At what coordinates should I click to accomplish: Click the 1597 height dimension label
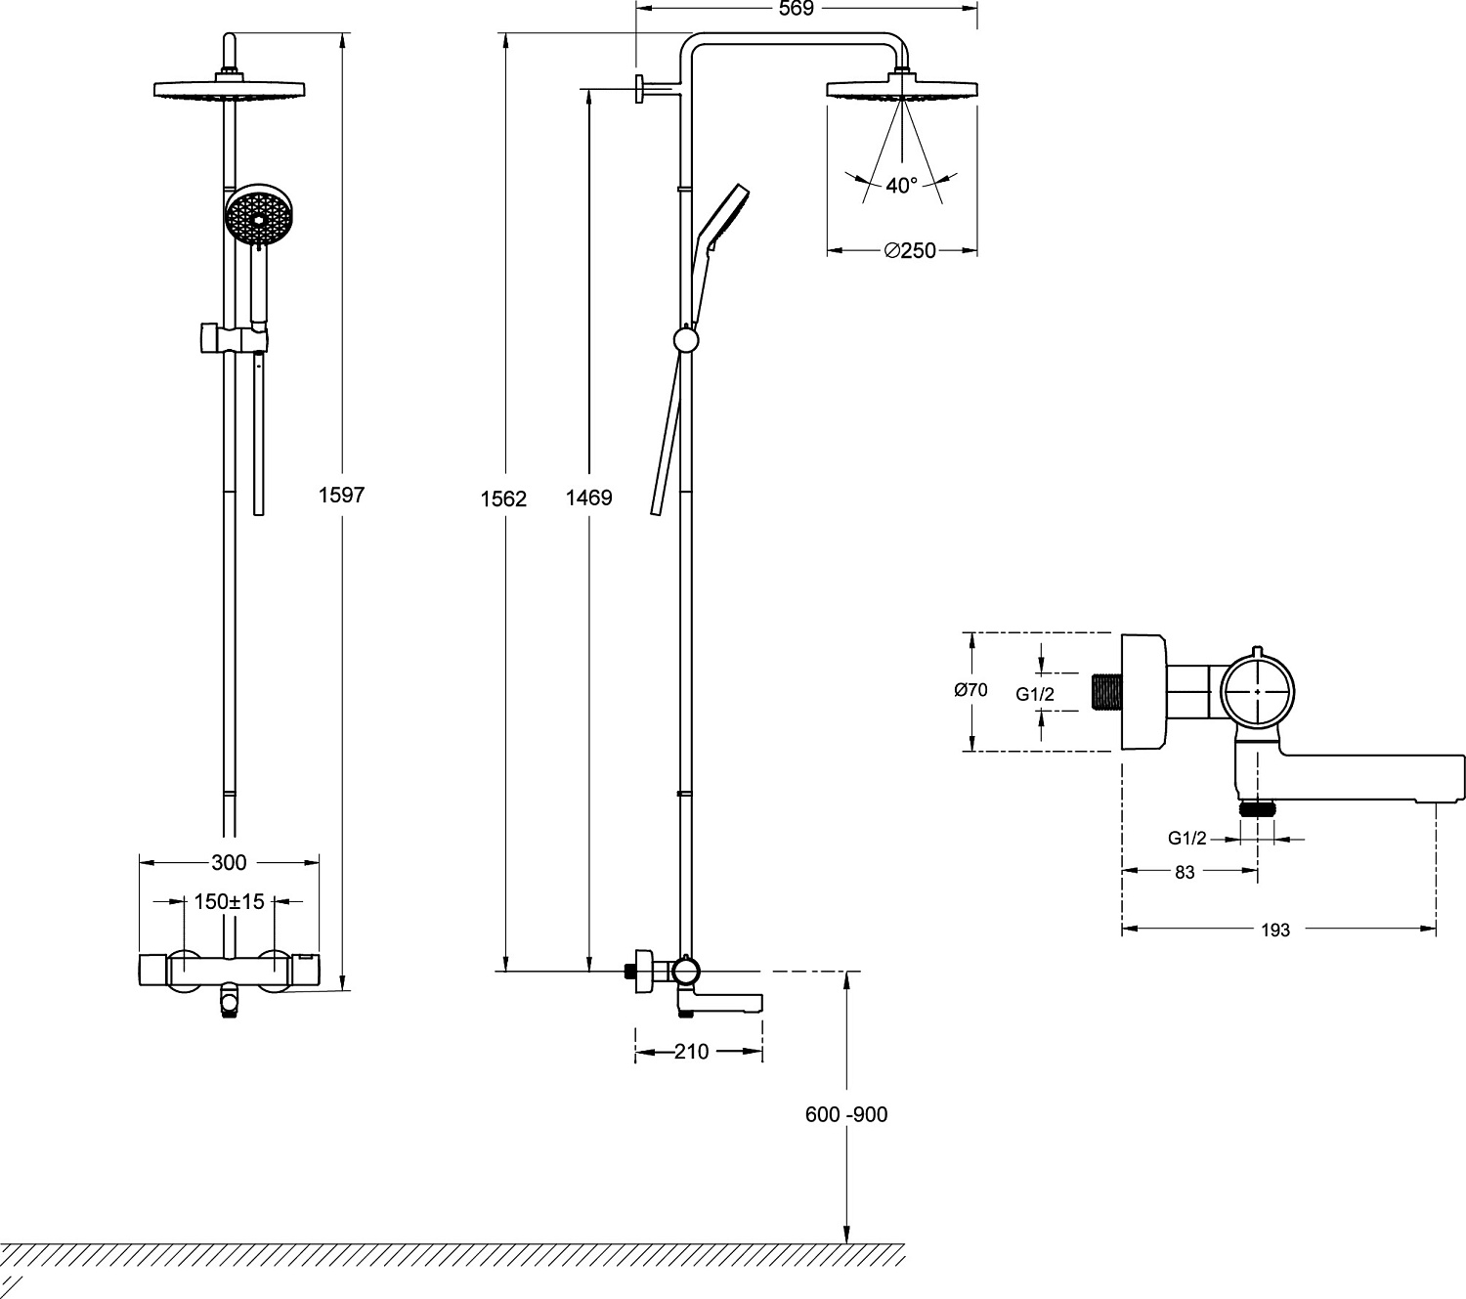pos(341,495)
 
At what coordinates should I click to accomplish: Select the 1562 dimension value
pos(503,498)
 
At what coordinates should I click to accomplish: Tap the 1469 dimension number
pos(589,498)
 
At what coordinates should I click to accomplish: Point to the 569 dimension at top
pos(797,8)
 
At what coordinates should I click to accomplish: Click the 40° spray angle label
pos(902,186)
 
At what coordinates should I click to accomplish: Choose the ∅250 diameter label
pos(910,250)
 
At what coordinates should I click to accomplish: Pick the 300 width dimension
pos(229,862)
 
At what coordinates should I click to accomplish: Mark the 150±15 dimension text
pos(230,902)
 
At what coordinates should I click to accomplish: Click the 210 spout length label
pos(692,1052)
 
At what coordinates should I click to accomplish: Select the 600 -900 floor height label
pos(846,1114)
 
